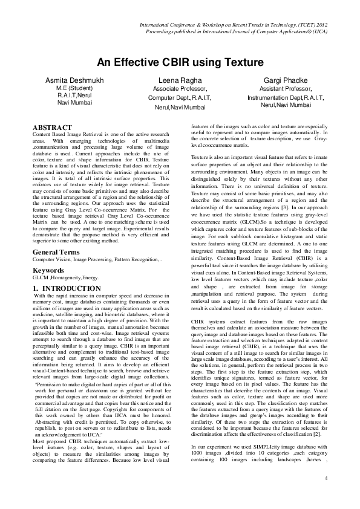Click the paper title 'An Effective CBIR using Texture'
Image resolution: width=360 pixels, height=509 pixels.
pyautogui.click(x=180, y=62)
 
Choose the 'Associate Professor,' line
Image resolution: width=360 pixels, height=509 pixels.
pyautogui.click(x=180, y=88)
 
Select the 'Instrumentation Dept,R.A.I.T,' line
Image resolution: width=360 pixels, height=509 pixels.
pyautogui.click(x=285, y=96)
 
